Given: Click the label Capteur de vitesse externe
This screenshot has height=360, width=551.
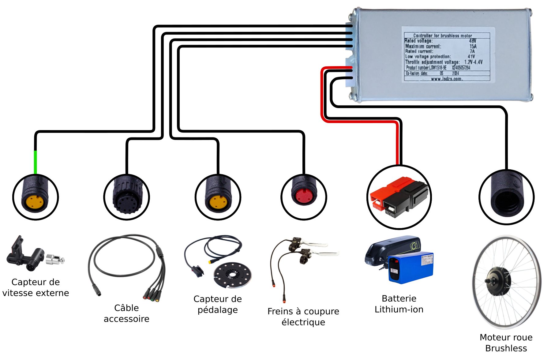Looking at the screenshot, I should [x=36, y=287].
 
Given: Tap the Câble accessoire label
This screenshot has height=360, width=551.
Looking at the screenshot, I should [x=126, y=313].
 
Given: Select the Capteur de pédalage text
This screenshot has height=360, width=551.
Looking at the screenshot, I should [x=218, y=304].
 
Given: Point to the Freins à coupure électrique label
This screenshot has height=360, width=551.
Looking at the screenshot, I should [x=303, y=317].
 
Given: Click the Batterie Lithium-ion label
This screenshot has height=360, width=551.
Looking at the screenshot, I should [x=399, y=304].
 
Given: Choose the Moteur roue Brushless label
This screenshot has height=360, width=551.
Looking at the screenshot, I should [x=506, y=343].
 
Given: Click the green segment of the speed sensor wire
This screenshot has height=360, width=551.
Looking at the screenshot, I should [x=36, y=162].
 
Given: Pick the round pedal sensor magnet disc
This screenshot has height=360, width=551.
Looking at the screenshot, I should [x=233, y=275].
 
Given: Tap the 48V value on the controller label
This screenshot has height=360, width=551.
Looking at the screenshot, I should [x=472, y=41].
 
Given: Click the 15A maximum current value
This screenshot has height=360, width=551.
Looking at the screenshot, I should [x=473, y=46].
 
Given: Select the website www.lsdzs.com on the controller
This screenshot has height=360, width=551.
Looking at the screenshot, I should [x=446, y=79].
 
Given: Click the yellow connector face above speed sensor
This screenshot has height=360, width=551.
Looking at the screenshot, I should [x=35, y=202].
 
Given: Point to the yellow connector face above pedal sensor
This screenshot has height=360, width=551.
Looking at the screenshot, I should [x=218, y=202].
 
